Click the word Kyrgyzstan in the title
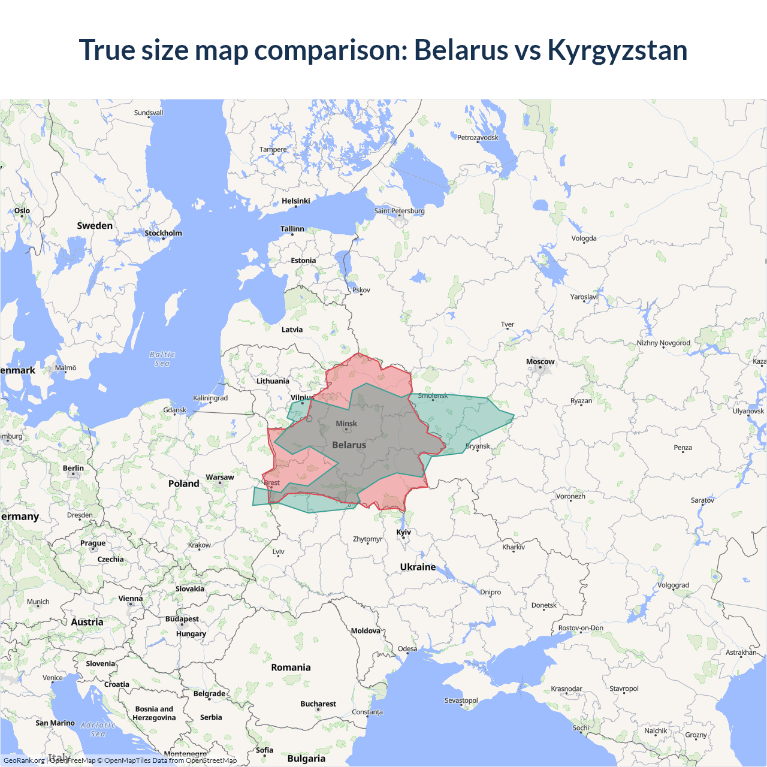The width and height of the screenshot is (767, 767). (617, 50)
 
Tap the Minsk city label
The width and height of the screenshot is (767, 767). (346, 424)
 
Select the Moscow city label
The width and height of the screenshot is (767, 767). (540, 362)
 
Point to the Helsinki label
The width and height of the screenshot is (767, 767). (296, 201)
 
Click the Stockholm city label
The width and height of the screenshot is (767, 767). (163, 233)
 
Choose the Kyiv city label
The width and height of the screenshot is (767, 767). (403, 532)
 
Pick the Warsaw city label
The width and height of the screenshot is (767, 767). (220, 478)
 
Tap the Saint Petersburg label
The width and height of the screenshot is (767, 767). (399, 211)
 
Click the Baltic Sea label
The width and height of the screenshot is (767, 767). (162, 359)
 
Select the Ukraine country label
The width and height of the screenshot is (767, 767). (418, 567)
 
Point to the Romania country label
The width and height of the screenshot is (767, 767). (291, 668)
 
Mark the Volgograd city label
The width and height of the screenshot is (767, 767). (673, 585)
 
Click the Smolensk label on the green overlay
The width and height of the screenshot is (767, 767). (433, 395)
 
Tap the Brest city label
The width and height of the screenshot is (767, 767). (272, 482)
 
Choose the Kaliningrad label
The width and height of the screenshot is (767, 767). (210, 398)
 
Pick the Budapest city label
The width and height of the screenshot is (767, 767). (182, 619)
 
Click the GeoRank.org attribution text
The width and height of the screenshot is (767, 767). (24, 760)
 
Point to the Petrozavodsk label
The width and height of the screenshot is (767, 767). (478, 138)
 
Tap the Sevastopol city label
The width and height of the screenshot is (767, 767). (461, 700)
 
